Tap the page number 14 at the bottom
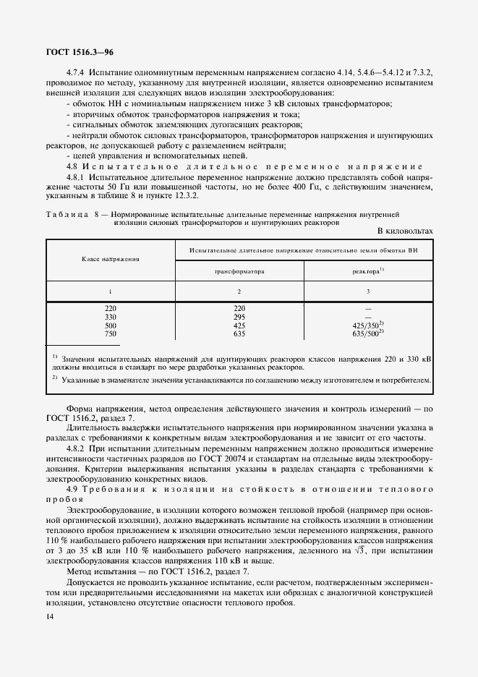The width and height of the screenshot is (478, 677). click(50, 616)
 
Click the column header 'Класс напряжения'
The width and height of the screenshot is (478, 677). click(111, 257)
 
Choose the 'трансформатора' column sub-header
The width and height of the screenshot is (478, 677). click(239, 271)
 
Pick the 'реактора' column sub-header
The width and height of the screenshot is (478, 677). click(367, 271)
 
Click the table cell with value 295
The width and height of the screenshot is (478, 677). click(239, 317)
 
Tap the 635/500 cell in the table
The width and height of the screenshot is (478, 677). click(367, 334)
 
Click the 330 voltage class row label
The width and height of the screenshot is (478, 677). click(111, 317)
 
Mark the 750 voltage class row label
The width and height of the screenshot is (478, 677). click(111, 334)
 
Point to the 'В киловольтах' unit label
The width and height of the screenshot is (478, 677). click(404, 230)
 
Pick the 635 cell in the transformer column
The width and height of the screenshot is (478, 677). click(239, 334)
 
